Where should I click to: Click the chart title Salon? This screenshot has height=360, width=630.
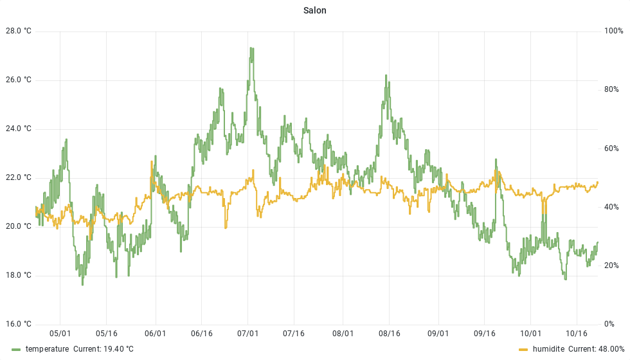tap(315, 11)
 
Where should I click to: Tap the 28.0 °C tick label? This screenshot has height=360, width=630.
tap(18, 31)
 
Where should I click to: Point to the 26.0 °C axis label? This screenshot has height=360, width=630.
tap(18, 80)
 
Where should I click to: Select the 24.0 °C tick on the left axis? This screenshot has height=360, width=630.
tap(18, 129)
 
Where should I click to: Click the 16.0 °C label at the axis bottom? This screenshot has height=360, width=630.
tap(18, 324)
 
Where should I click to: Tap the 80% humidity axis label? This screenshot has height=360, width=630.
tap(611, 89)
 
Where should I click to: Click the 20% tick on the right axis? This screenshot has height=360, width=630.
tap(611, 265)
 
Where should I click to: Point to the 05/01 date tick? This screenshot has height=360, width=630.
tap(60, 334)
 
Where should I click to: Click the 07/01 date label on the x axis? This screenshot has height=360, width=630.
tap(248, 334)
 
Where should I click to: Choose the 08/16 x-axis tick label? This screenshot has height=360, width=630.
tap(390, 334)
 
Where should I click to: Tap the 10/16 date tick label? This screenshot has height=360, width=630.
tap(576, 334)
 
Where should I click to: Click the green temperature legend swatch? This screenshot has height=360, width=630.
tap(17, 349)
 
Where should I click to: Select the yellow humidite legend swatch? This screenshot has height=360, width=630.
tap(523, 349)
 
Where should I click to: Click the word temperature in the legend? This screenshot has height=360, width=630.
tap(47, 349)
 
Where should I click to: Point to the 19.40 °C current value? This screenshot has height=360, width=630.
tap(118, 349)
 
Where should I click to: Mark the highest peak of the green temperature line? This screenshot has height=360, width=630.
tap(251, 48)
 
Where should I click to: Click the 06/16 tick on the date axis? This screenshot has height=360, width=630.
tap(201, 334)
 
